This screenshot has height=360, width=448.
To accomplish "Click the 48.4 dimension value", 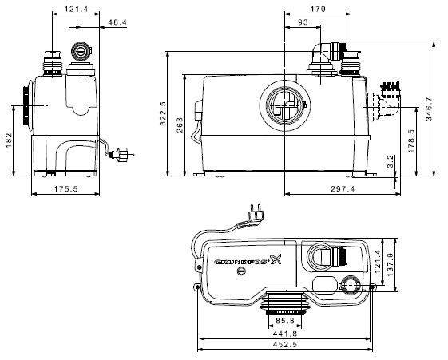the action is click(x=117, y=22).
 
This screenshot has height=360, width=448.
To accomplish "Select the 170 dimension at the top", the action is click(x=318, y=9).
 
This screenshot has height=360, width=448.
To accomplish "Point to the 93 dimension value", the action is click(x=303, y=22).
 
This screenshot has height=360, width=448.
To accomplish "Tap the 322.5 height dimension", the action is click(x=163, y=113).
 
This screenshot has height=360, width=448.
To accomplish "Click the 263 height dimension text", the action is click(x=180, y=125).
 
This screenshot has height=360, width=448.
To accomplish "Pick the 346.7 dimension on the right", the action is click(x=429, y=109).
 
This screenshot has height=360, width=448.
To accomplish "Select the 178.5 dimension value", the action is click(x=411, y=140).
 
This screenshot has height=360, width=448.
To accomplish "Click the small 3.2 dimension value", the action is click(x=391, y=161).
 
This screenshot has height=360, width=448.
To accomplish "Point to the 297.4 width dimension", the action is click(x=343, y=188).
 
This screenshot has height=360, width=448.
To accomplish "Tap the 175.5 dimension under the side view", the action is click(x=65, y=188).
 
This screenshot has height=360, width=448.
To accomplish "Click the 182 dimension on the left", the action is click(x=9, y=140).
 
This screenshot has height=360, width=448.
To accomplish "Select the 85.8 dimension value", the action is click(x=285, y=321).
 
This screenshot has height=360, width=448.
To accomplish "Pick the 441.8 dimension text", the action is click(x=285, y=334).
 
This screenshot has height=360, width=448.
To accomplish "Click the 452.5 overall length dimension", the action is click(x=285, y=344).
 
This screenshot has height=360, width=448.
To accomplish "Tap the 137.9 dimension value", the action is click(x=391, y=265).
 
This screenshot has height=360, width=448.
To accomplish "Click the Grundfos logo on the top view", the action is click(x=248, y=259).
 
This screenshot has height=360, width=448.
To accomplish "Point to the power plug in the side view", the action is click(x=122, y=155).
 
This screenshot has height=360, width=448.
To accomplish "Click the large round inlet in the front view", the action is click(x=285, y=105).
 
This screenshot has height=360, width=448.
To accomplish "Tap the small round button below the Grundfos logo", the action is click(x=241, y=271).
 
